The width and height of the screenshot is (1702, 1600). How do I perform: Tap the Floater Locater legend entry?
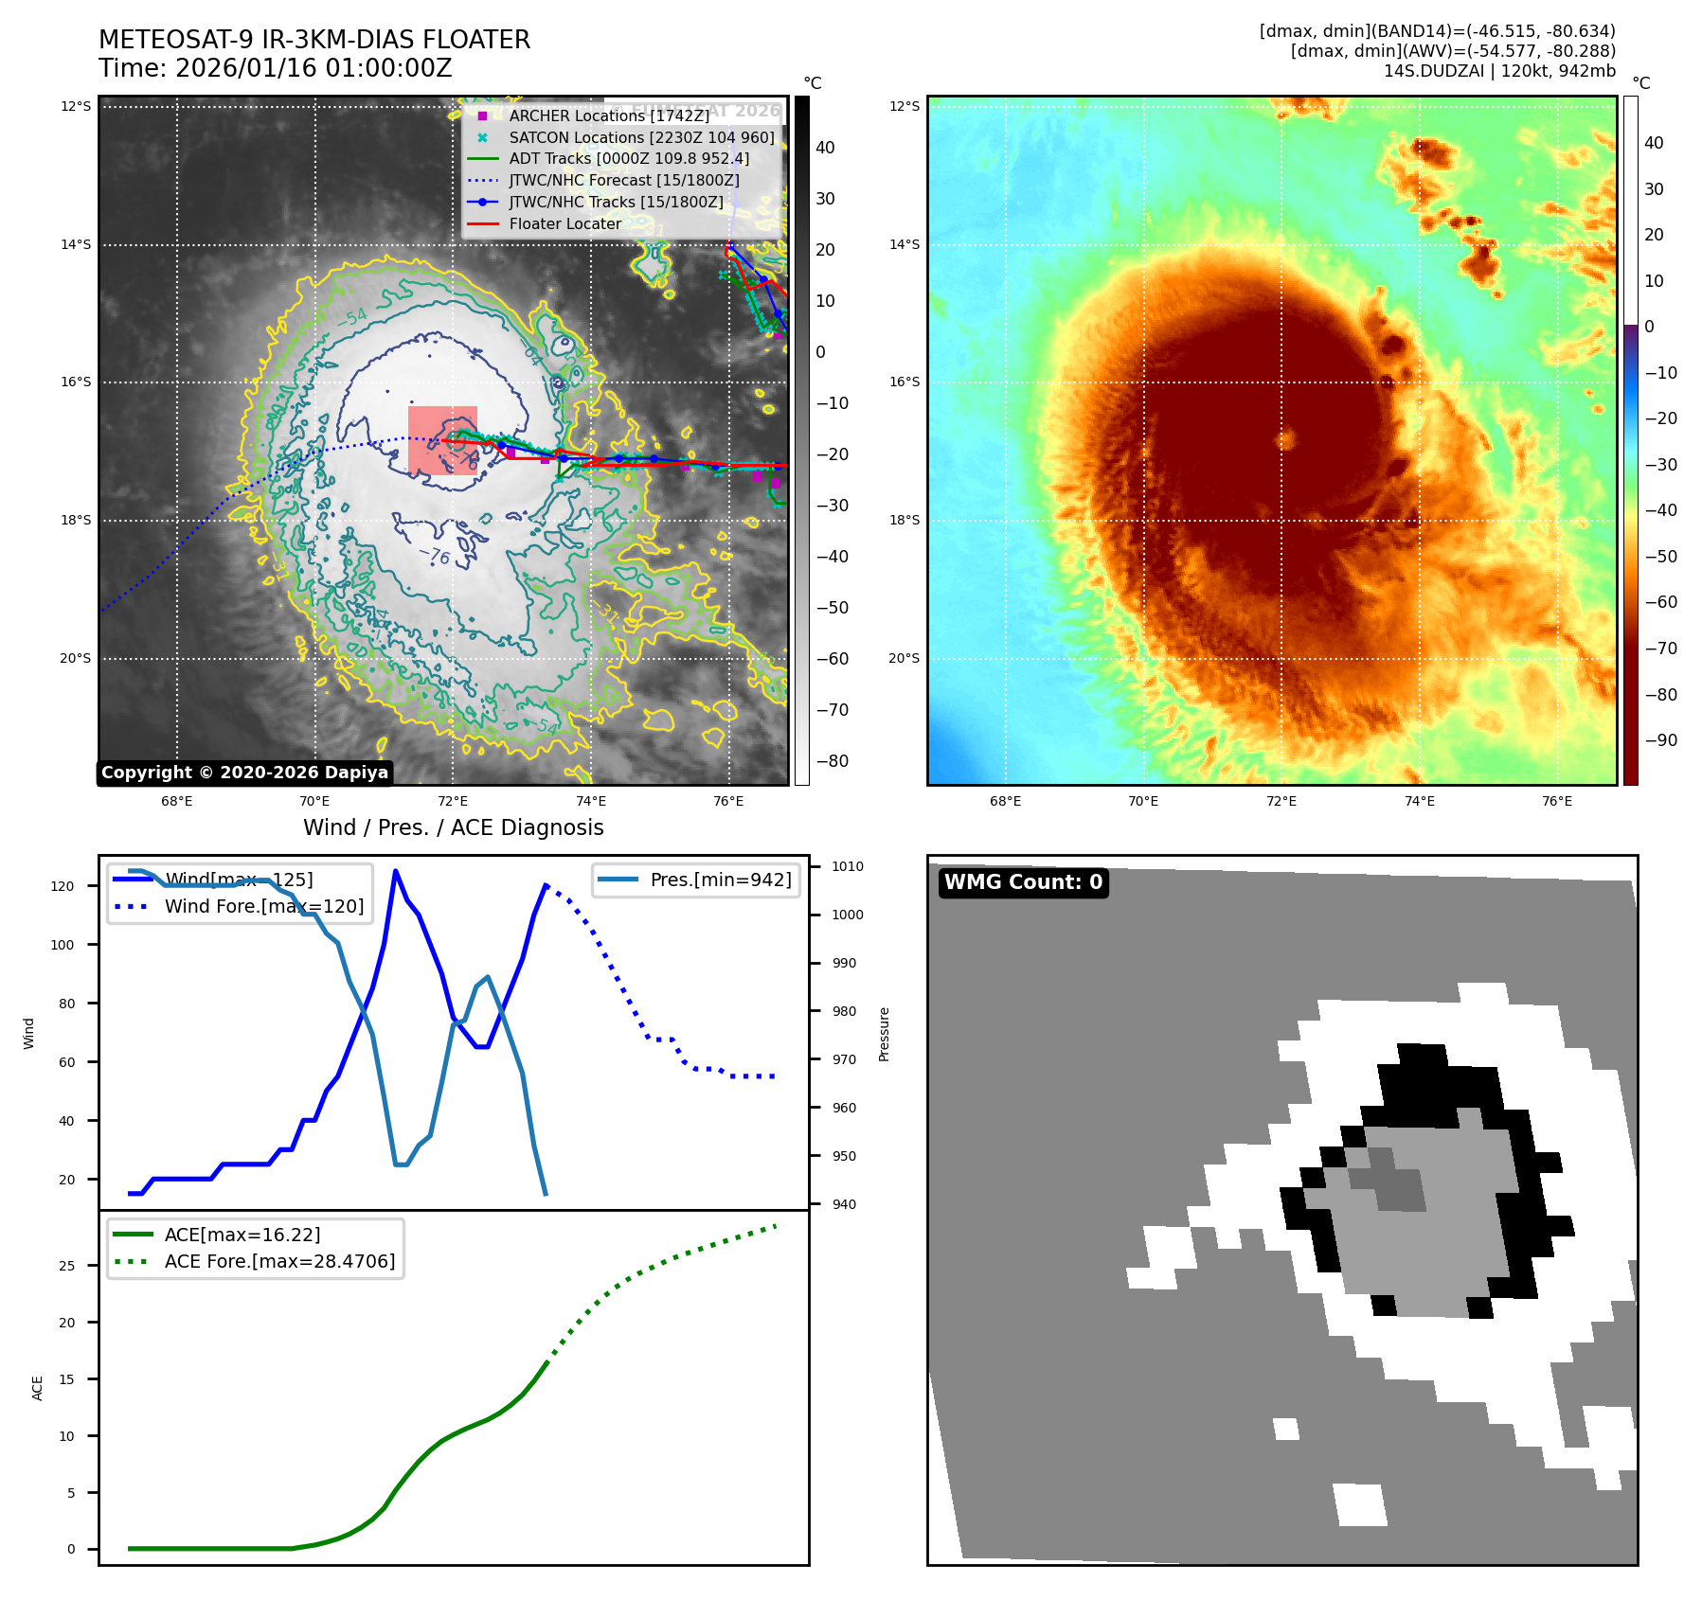pos(564,223)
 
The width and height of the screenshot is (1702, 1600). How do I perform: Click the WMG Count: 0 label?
pos(1023,882)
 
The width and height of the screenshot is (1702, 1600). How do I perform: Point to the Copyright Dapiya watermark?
pos(244,773)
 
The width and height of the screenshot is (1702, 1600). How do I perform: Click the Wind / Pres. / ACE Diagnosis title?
pos(453,827)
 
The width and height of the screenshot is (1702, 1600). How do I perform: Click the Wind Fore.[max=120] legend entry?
pos(263,906)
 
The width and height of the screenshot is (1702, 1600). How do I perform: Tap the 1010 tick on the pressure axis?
pos(847,866)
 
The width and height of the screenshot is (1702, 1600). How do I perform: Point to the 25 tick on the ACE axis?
pos(67,1266)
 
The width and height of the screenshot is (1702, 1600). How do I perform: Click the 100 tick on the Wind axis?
pos(63,945)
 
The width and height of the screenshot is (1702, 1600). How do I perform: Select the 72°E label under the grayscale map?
pos(453,801)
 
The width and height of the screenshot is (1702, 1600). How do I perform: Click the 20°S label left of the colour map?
pos(904,658)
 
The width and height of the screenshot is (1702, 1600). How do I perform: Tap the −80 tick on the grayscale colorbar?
pos(833,761)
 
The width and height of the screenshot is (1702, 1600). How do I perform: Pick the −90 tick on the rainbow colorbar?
pos(1660,740)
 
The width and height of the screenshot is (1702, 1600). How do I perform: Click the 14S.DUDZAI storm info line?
pos(1499,71)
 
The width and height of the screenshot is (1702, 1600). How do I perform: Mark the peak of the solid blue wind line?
pos(395,871)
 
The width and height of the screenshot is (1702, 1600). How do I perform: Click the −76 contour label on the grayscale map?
pos(435,556)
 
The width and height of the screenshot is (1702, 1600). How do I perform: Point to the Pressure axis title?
pos(884,1034)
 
